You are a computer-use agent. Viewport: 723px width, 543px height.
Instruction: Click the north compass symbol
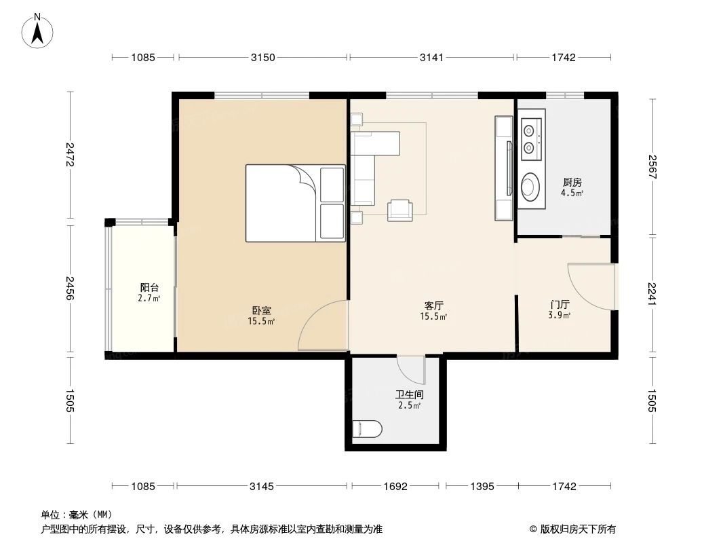(39, 31)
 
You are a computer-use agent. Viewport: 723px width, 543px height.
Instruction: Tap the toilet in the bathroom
(367, 428)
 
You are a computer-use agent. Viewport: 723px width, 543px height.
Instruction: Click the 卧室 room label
(261, 311)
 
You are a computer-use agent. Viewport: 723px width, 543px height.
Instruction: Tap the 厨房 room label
(572, 182)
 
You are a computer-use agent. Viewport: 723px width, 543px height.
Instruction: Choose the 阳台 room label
(150, 288)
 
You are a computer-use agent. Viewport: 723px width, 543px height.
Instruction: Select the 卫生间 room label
(410, 394)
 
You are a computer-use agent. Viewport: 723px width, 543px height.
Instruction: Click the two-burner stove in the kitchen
(532, 138)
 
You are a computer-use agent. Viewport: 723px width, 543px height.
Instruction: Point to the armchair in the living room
(399, 210)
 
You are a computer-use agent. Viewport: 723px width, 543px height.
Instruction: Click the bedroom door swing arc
(321, 326)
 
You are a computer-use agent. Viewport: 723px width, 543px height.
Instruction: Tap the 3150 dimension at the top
(262, 58)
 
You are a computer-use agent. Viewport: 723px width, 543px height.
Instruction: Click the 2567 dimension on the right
(652, 167)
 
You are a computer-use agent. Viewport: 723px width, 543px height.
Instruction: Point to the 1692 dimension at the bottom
(395, 486)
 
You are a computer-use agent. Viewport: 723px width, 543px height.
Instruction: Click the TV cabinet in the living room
(505, 168)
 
